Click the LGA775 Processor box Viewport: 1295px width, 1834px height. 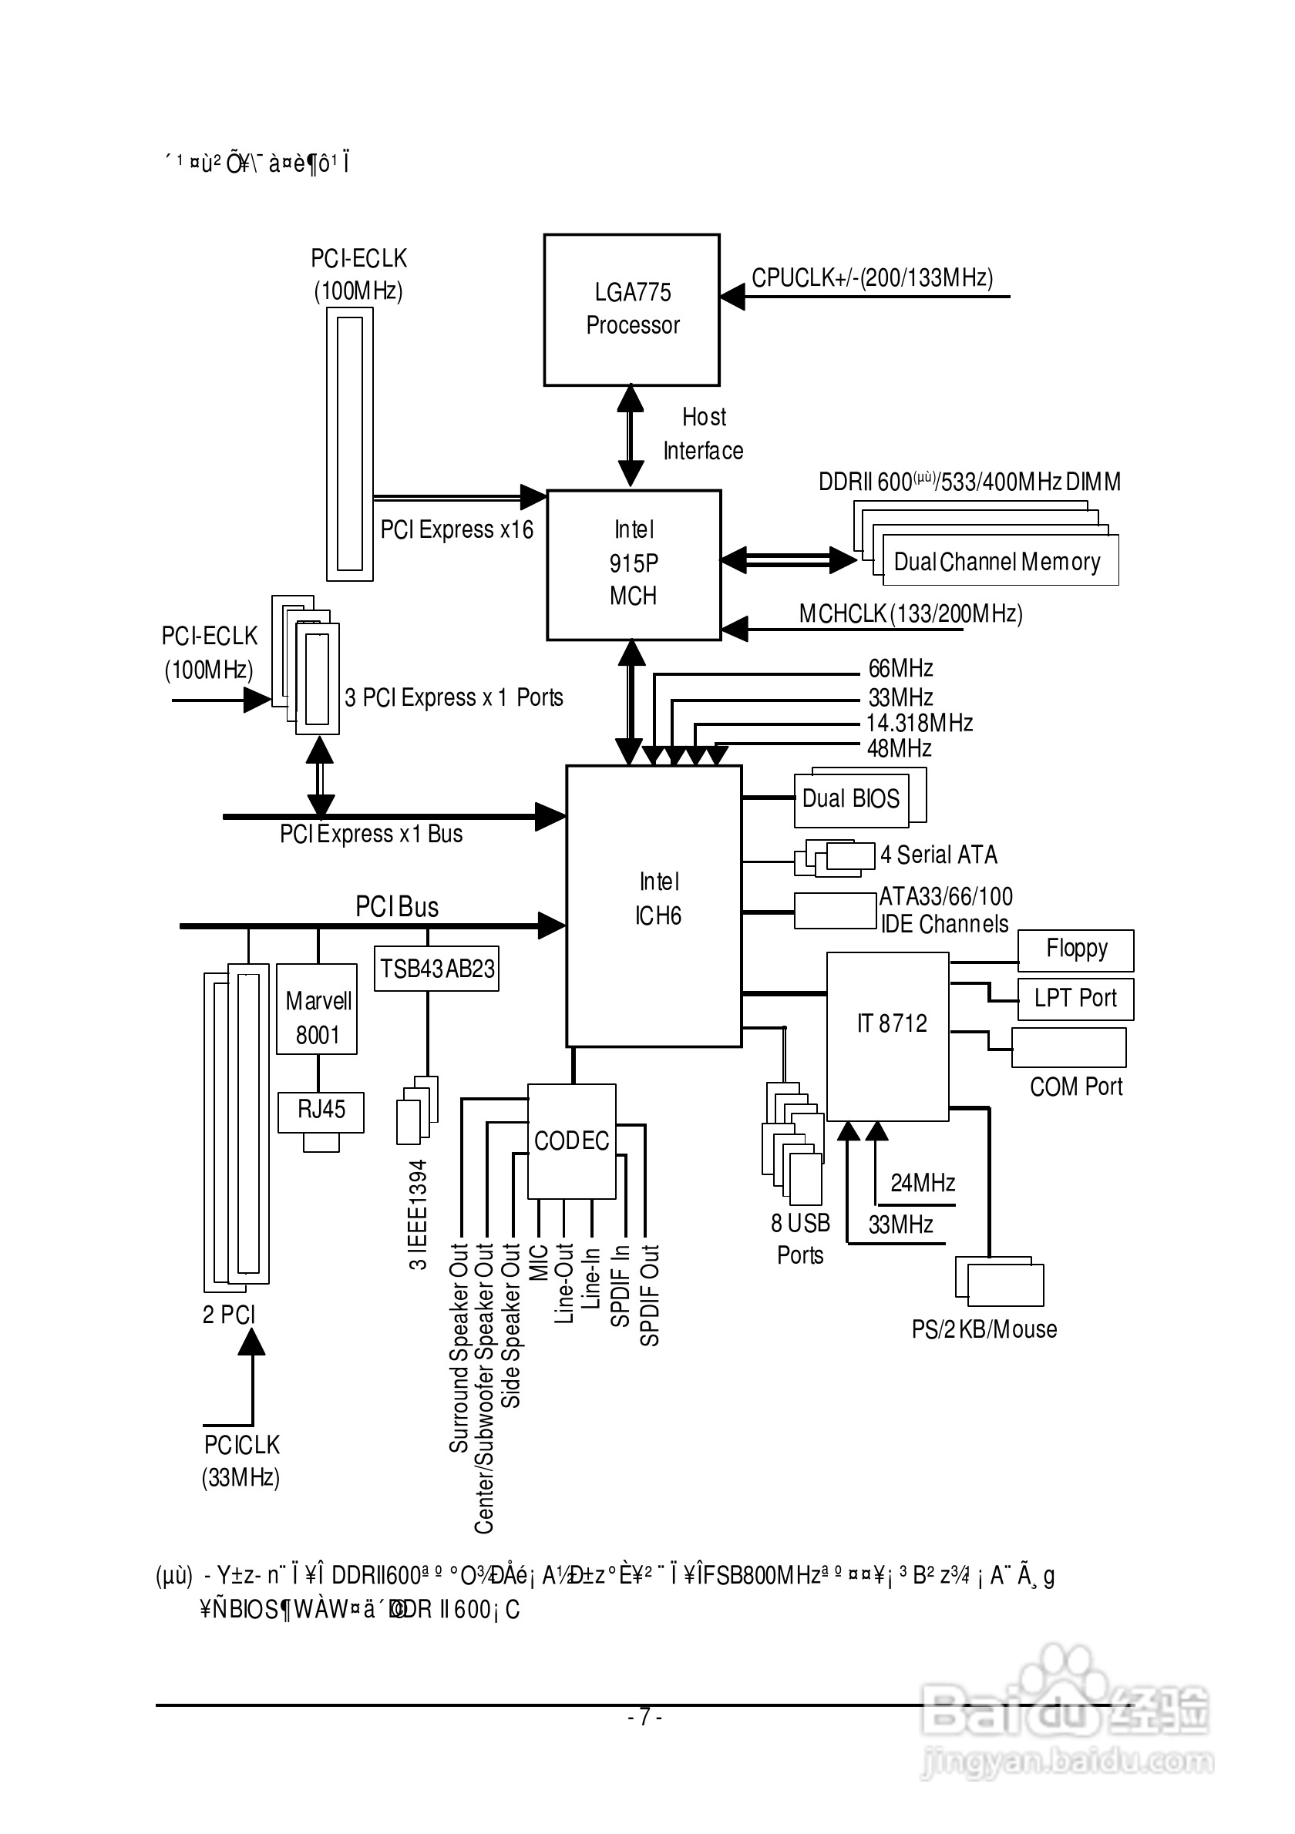pyautogui.click(x=631, y=309)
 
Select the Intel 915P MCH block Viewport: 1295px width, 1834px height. pyautogui.click(x=634, y=564)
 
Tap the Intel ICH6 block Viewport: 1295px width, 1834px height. pyautogui.click(x=654, y=905)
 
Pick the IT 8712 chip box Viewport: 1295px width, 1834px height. pyautogui.click(x=887, y=1035)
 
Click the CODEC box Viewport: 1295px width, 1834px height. pyautogui.click(x=571, y=1140)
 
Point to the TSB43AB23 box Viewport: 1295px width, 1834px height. pyautogui.click(x=436, y=968)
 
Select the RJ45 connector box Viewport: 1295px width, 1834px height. pyautogui.click(x=321, y=1111)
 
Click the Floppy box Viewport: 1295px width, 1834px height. pyautogui.click(x=1075, y=949)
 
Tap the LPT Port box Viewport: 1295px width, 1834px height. pyautogui.click(x=1075, y=999)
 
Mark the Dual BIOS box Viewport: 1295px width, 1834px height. pyautogui.click(x=851, y=800)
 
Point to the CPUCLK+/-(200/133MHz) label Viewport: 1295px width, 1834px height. pyautogui.click(x=872, y=278)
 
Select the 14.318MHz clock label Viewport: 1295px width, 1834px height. pyautogui.click(x=920, y=723)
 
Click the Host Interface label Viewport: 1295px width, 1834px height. pyautogui.click(x=703, y=434)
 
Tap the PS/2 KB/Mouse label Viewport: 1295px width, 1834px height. pyautogui.click(x=984, y=1329)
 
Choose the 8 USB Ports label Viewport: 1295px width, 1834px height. pyautogui.click(x=800, y=1239)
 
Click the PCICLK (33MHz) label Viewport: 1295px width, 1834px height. pyautogui.click(x=241, y=1461)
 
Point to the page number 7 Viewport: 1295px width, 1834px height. pyautogui.click(x=644, y=1716)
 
